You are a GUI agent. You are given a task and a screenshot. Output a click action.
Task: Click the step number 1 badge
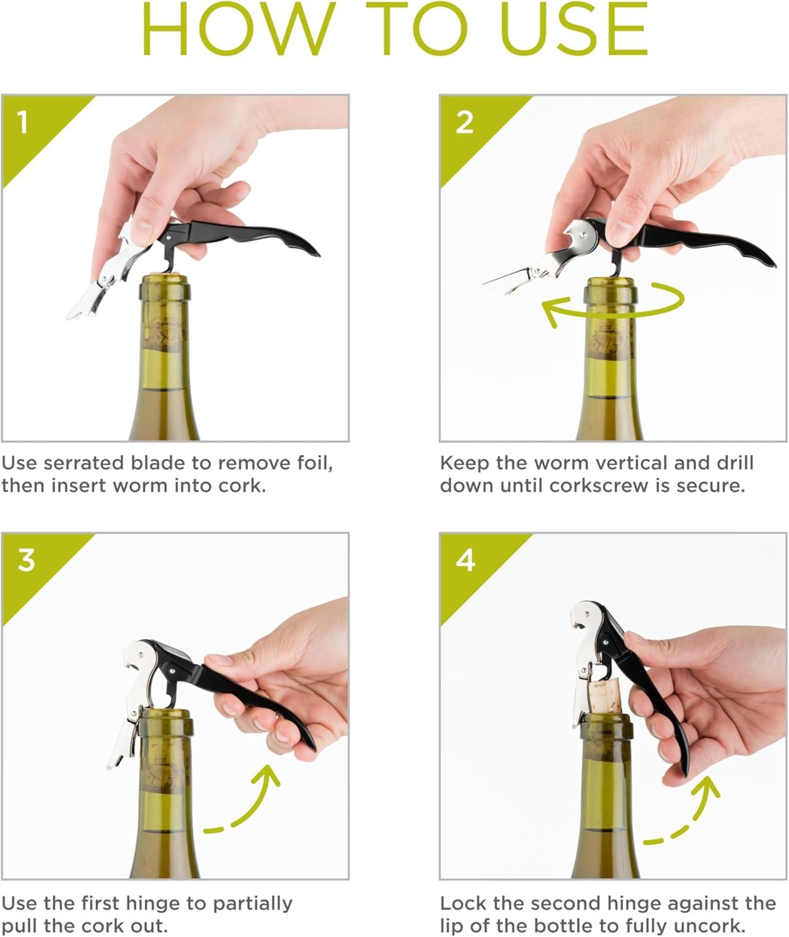tap(23, 122)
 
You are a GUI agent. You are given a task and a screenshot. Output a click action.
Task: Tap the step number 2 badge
tap(464, 122)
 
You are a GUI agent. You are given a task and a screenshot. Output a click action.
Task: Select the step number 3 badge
tap(26, 560)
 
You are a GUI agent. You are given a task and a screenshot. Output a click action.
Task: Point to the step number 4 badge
tap(465, 560)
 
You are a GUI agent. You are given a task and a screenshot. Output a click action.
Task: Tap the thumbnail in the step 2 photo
tap(620, 234)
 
